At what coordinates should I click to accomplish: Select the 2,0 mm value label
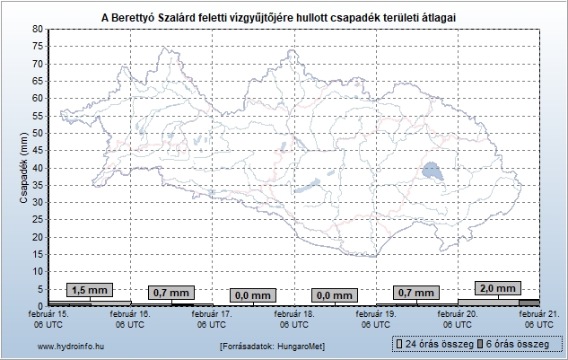click(498, 288)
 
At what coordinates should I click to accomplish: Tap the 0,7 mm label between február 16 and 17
click(170, 293)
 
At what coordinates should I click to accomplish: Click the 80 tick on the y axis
click(37, 29)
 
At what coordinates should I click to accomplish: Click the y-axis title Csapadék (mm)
click(23, 167)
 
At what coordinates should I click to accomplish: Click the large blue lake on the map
click(432, 171)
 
